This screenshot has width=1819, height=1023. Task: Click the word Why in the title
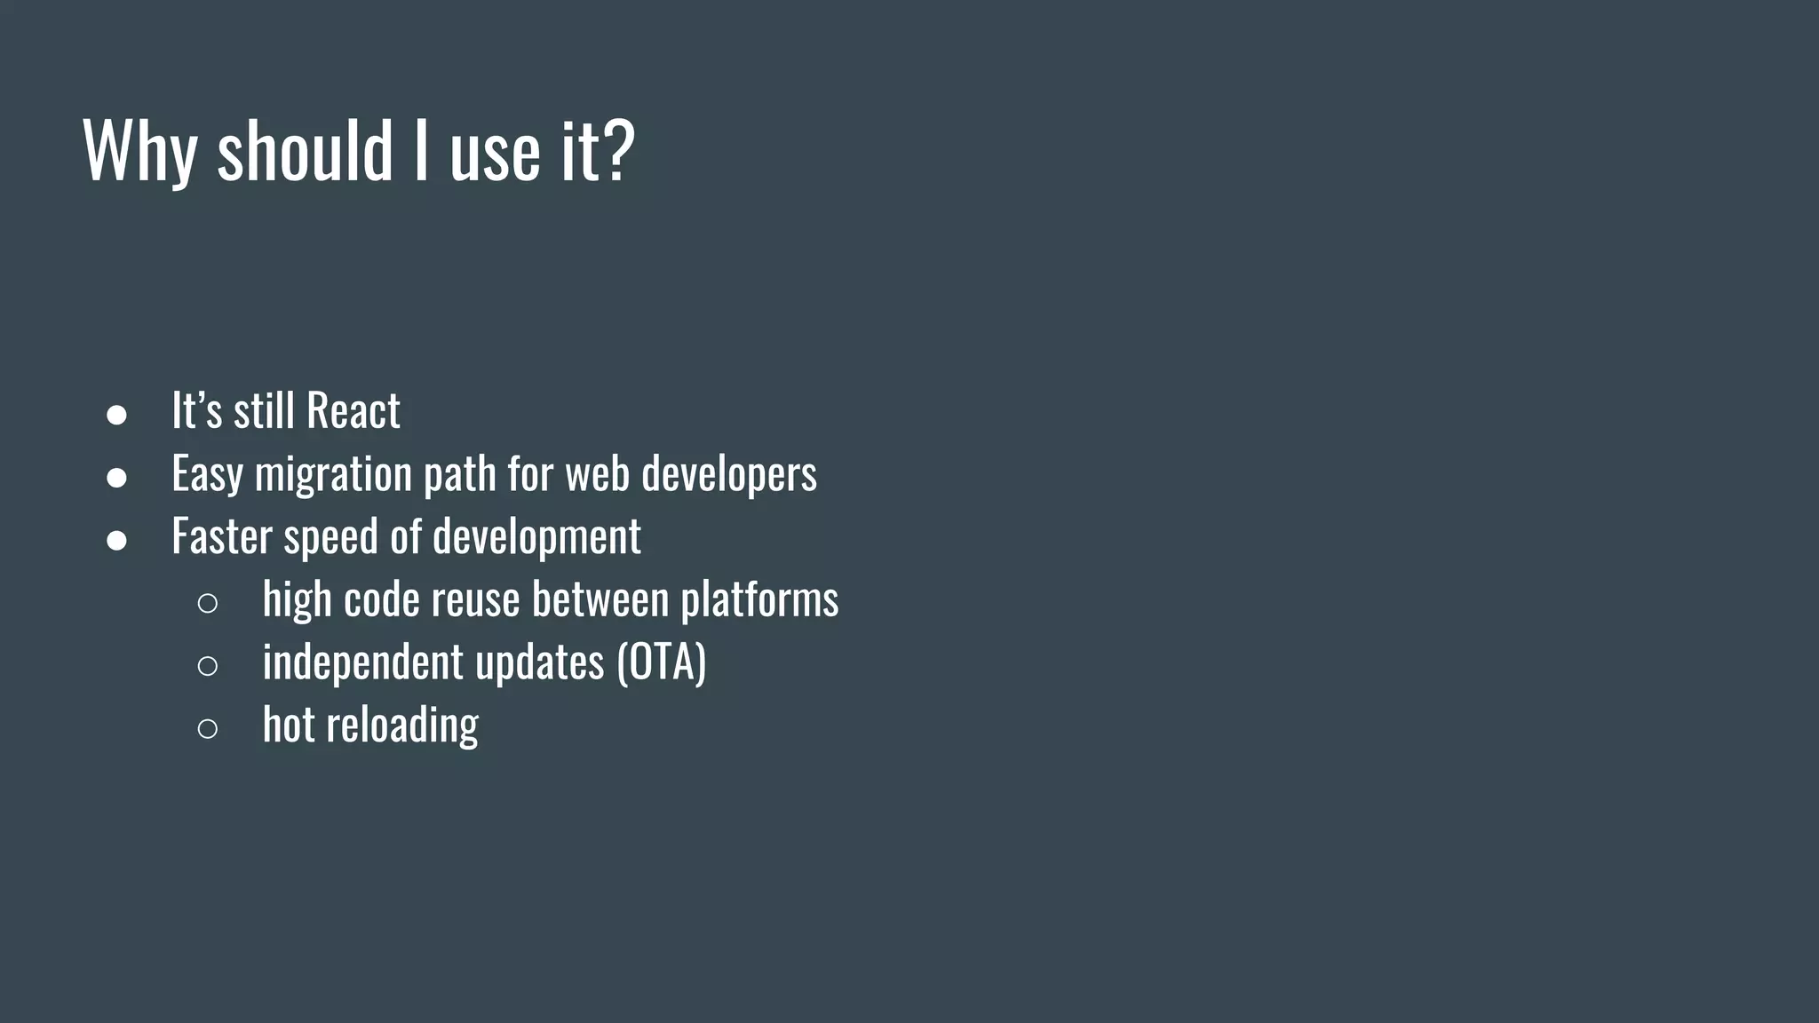[139, 150]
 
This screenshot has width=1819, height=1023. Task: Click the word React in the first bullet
[353, 410]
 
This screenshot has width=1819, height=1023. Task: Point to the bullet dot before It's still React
[116, 415]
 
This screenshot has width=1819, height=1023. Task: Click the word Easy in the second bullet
[207, 474]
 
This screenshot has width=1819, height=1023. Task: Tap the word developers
[728, 474]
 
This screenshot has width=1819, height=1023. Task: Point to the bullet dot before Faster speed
[116, 540]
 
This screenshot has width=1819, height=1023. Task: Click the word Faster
[221, 536]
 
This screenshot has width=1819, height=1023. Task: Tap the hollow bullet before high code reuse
[207, 604]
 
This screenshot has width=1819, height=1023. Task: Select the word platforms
[759, 599]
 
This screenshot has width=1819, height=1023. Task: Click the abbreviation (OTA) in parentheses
[662, 662]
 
